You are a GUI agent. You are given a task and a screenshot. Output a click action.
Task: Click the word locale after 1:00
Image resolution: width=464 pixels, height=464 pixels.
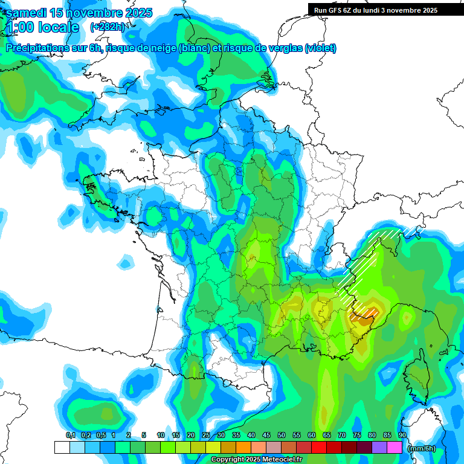[59, 27]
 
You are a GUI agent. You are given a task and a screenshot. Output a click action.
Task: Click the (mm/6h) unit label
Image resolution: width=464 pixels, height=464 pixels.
[422, 448]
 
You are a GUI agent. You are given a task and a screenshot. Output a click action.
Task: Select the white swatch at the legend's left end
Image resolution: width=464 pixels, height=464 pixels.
[62, 448]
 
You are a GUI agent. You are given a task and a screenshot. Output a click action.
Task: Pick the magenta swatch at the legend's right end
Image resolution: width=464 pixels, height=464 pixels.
[395, 448]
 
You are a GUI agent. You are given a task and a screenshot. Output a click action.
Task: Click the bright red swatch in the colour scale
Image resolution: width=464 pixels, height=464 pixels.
[319, 448]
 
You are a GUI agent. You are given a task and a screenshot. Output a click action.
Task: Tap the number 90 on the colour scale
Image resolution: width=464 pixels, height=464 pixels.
[402, 435]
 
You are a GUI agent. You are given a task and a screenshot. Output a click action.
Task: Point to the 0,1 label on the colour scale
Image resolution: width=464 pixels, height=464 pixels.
[71, 435]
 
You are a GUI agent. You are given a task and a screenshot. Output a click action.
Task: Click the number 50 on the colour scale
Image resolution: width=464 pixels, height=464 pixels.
[282, 435]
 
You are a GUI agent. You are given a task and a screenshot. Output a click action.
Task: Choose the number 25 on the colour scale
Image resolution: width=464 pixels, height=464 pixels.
[206, 435]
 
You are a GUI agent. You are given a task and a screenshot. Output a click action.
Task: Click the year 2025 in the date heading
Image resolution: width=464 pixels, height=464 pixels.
[135, 13]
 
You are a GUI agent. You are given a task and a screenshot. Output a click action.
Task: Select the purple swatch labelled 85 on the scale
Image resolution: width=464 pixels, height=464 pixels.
[379, 448]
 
